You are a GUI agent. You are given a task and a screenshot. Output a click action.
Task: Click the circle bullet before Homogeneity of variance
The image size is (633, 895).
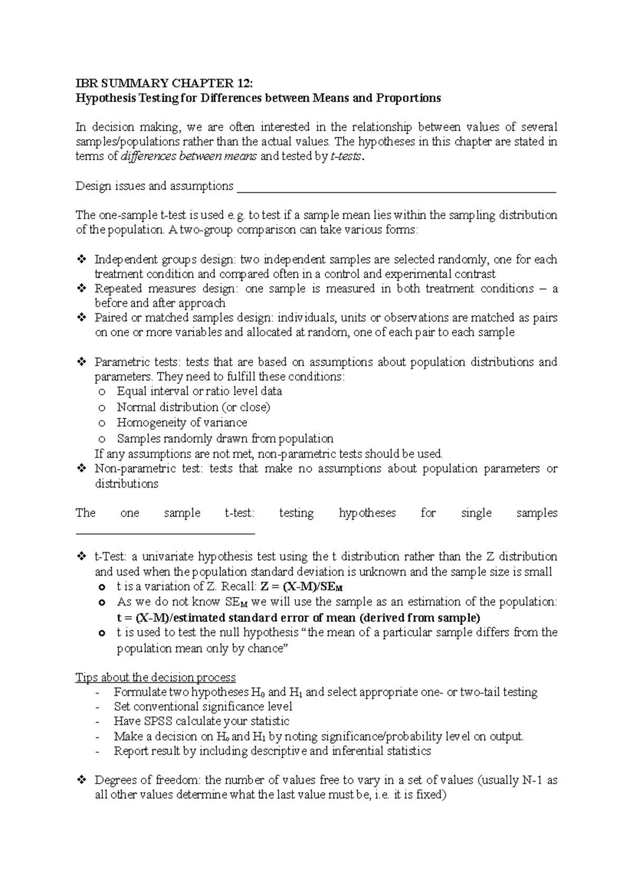pos(102,423)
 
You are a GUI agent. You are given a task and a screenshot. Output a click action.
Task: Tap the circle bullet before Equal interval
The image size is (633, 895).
pos(102,392)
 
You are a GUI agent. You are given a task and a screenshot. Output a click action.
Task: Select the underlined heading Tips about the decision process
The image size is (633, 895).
pos(156,677)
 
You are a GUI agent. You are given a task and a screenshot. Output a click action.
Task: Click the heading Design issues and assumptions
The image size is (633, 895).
pos(155,186)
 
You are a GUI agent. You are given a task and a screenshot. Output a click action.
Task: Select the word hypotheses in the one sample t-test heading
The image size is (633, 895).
pos(367,513)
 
